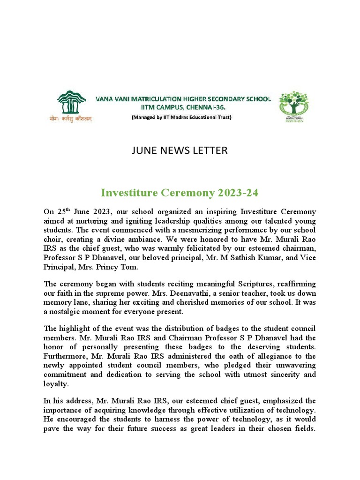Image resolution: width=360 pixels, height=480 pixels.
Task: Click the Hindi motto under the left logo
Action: point(71,119)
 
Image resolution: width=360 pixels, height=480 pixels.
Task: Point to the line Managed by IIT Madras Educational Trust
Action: point(181,117)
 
